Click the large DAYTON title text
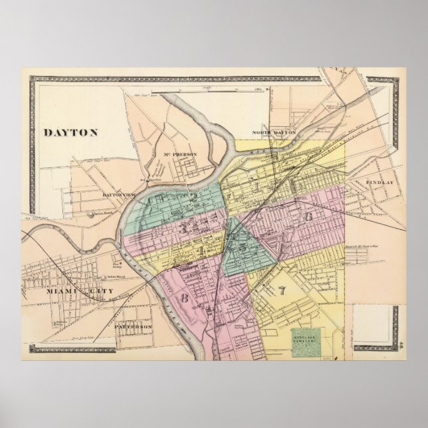(70, 132)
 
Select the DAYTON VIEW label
(118, 195)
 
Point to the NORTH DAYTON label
(273, 133)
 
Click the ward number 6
(308, 217)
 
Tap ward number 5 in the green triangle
(244, 247)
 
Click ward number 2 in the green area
(193, 197)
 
